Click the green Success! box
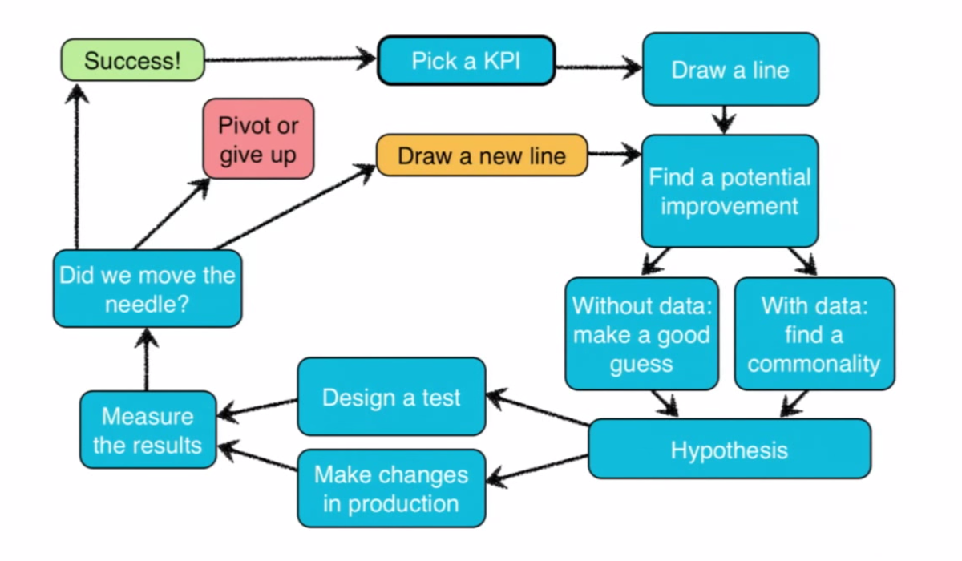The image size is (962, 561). click(133, 60)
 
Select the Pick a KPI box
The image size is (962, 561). click(466, 60)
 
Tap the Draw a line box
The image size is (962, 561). click(730, 70)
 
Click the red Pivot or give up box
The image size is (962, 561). click(258, 139)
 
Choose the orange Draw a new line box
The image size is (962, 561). click(482, 155)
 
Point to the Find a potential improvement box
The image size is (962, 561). click(730, 191)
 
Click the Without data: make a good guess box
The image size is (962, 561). click(641, 334)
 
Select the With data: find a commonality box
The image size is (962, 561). click(814, 334)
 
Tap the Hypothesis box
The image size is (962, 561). click(729, 450)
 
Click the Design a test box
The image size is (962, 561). click(391, 398)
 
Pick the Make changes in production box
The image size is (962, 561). click(391, 488)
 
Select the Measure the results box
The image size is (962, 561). click(148, 430)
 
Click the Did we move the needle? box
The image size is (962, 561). click(148, 289)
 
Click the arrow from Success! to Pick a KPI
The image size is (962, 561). click(289, 59)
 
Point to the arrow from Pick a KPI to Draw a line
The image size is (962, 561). click(598, 68)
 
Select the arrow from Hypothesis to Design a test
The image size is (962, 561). click(537, 407)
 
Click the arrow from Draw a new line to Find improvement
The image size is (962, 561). click(613, 153)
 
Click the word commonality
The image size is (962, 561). click(814, 364)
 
